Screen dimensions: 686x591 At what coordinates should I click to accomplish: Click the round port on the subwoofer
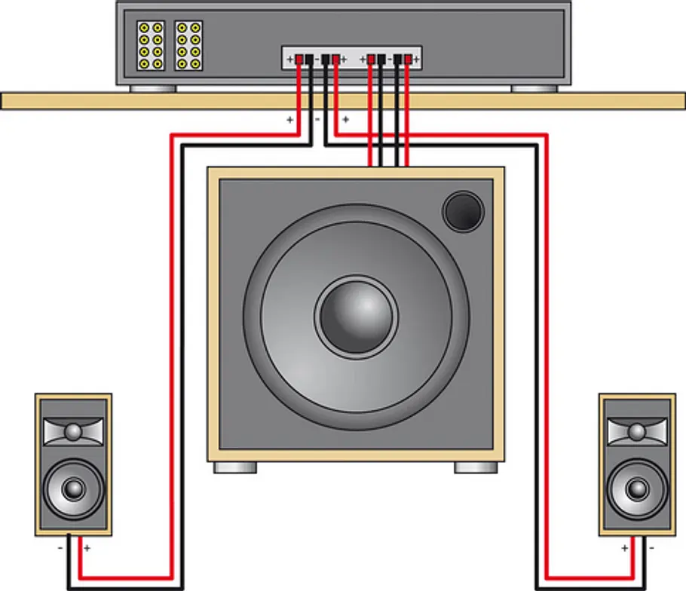click(464, 211)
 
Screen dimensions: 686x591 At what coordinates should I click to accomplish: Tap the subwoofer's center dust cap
click(356, 317)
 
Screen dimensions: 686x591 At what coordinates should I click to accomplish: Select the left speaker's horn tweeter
click(74, 432)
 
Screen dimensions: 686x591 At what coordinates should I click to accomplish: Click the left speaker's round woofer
click(74, 488)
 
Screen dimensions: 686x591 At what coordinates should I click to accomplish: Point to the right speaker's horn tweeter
click(638, 432)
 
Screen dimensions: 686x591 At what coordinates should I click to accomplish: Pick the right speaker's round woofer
click(638, 488)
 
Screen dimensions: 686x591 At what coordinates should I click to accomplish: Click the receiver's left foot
click(153, 89)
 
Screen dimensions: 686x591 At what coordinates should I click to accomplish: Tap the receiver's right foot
click(534, 89)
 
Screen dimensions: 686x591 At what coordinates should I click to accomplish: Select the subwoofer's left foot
click(235, 467)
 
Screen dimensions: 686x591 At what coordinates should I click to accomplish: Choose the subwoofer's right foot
click(476, 467)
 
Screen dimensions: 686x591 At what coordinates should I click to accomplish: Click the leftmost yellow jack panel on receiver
click(151, 45)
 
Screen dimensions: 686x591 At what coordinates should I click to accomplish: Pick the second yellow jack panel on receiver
click(188, 45)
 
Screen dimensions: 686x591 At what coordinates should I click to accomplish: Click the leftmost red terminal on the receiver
click(299, 59)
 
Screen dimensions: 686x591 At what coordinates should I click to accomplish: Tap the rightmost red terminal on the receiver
click(408, 59)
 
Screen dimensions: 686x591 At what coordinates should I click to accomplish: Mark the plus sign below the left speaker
click(87, 548)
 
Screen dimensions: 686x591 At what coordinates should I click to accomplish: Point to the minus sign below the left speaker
click(60, 548)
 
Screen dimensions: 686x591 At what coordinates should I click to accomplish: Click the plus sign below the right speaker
click(624, 548)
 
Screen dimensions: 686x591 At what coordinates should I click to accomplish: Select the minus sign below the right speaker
click(651, 548)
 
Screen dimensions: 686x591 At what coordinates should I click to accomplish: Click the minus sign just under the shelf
click(317, 119)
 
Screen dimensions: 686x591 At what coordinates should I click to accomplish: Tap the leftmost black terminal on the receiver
click(309, 59)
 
